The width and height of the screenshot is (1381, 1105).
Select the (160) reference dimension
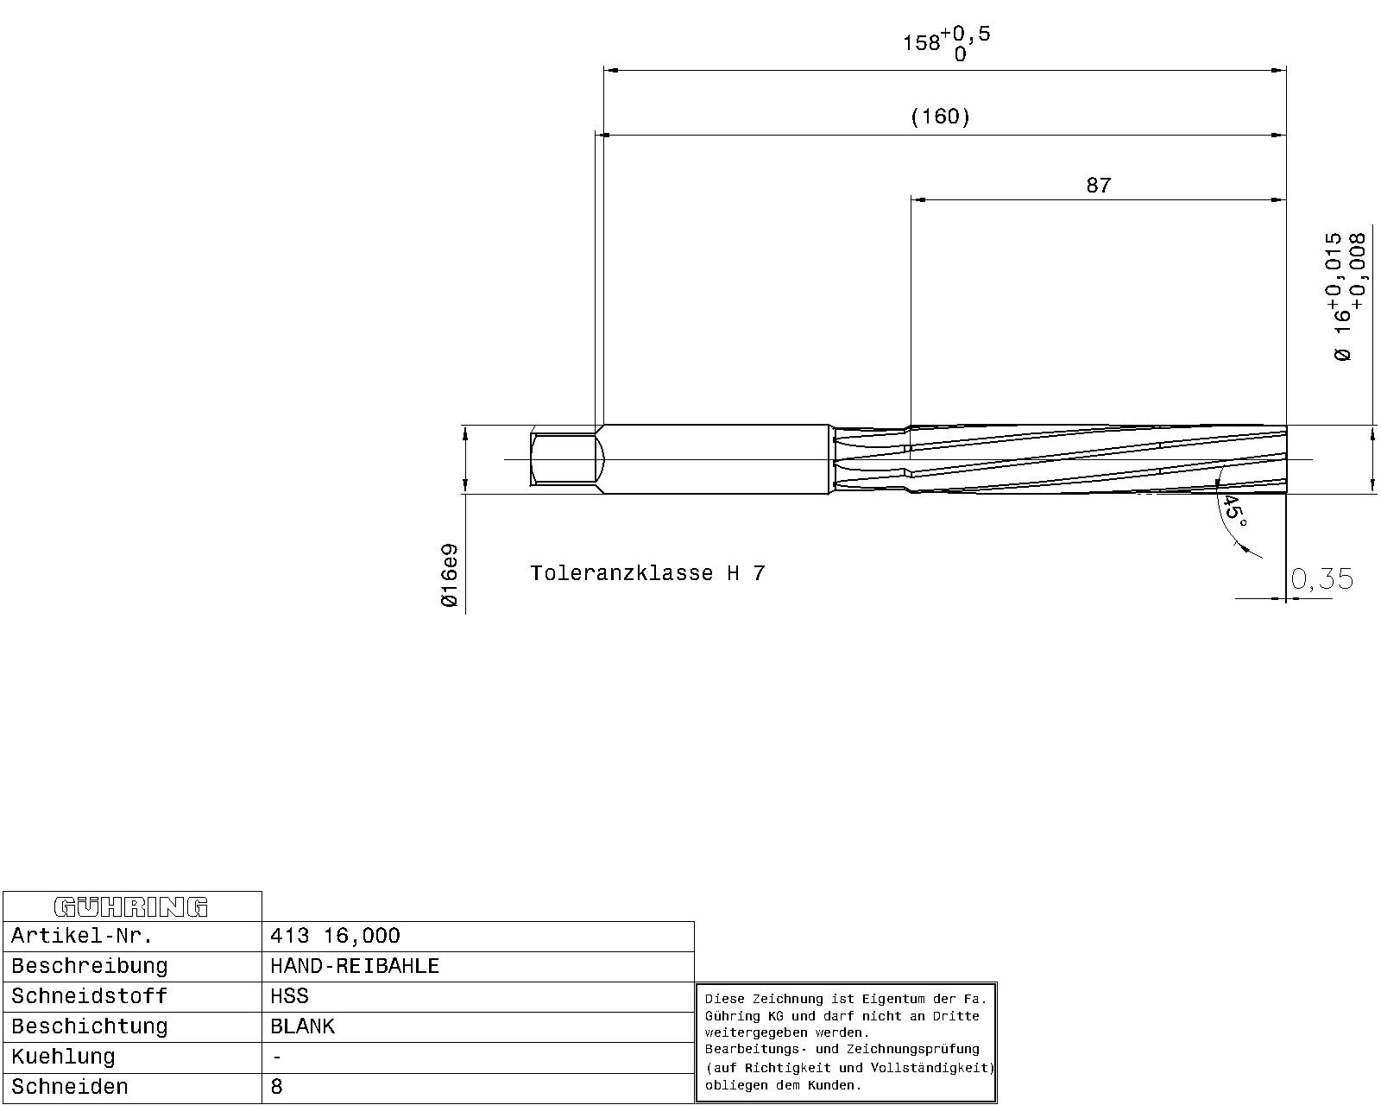pos(940,117)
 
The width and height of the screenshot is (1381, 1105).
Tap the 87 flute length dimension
pos(1098,185)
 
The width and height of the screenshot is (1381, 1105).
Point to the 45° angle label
pos(1234,510)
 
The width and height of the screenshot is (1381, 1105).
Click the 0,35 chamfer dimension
pos(1321,578)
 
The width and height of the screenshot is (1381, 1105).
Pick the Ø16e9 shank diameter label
pos(449,575)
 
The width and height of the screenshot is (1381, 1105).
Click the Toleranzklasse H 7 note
pos(647,572)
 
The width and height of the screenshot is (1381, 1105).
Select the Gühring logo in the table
pos(131,906)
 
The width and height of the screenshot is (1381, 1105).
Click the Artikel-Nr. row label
pos(82,936)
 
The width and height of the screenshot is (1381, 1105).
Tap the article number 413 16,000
pos(335,936)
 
